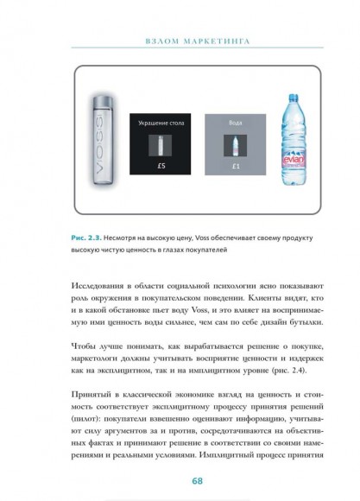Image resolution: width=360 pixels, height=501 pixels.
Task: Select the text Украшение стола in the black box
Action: [x=160, y=124]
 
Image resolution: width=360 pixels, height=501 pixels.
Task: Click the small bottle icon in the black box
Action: [x=160, y=143]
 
